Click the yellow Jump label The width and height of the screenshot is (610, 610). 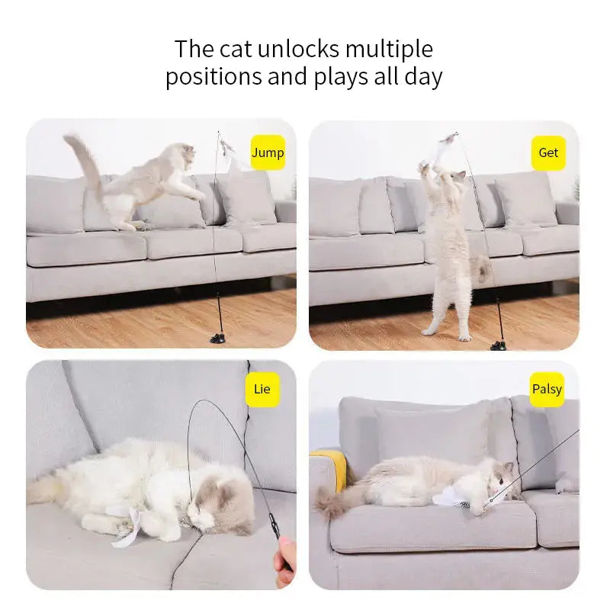(x=268, y=152)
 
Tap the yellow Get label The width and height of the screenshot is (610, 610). (x=548, y=152)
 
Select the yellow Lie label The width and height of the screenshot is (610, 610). (x=262, y=389)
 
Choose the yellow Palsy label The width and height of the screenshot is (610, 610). (x=547, y=389)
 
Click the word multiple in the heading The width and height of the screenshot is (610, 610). (x=389, y=50)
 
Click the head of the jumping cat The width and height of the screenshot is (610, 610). (x=181, y=158)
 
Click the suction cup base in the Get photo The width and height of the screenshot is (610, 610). (x=499, y=345)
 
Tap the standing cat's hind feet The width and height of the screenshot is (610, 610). (x=446, y=333)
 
